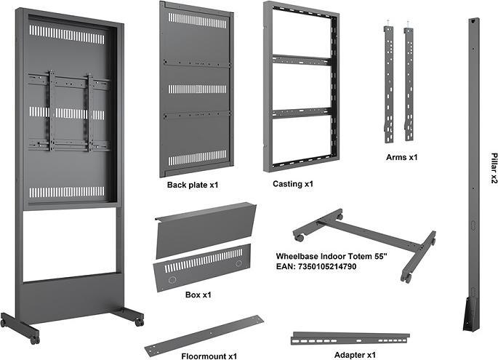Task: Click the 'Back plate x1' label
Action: pos(193,185)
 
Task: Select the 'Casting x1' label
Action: pos(293,184)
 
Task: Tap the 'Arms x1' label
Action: pos(401,156)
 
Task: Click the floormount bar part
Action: pos(204,333)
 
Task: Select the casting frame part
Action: pos(300,87)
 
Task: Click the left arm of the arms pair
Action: pos(389,84)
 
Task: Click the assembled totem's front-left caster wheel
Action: pos(33,337)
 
